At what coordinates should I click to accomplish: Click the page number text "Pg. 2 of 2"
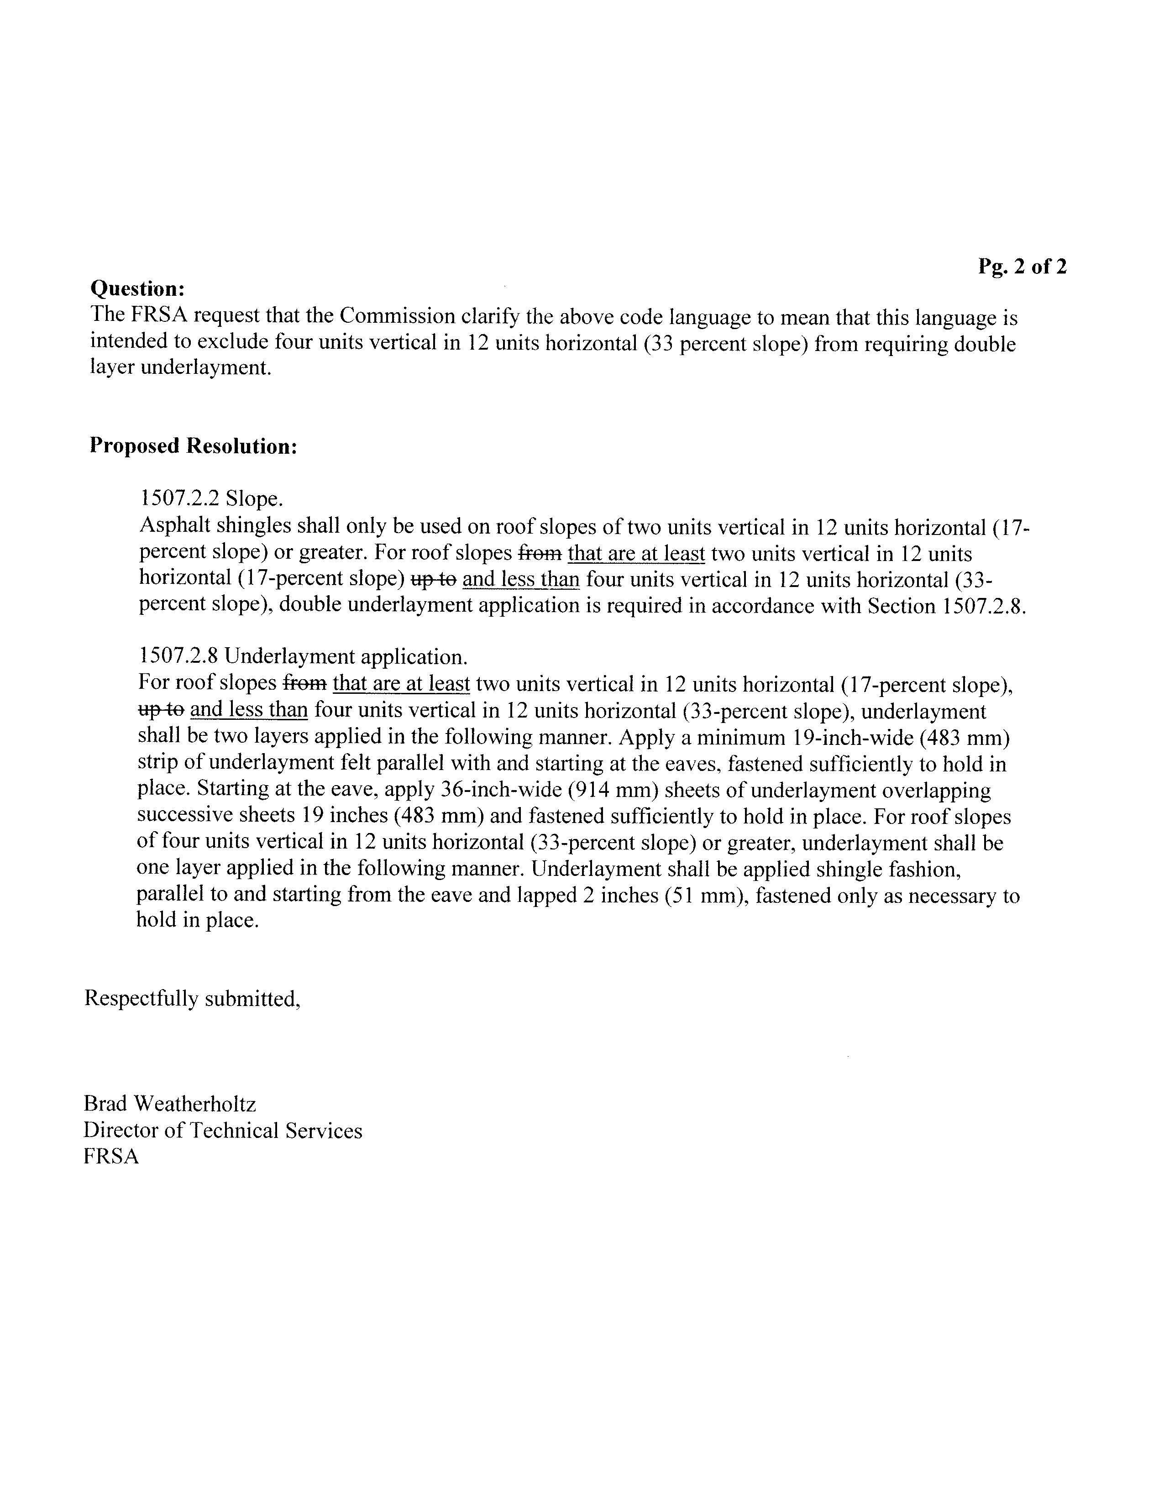pos(1022,267)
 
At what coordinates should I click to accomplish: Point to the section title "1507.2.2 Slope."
pos(211,498)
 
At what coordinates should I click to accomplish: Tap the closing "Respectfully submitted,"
pos(192,999)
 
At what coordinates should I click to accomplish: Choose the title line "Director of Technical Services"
pos(222,1130)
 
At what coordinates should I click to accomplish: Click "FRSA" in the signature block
pos(111,1156)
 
